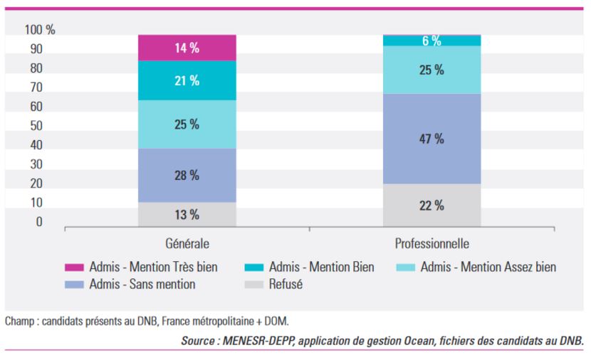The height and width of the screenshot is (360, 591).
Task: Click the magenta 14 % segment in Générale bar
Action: (187, 48)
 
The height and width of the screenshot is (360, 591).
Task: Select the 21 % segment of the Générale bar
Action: (187, 80)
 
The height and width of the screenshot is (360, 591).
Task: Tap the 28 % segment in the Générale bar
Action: (187, 176)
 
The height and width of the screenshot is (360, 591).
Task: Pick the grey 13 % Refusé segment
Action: (187, 215)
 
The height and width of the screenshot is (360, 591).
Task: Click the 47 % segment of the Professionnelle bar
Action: (432, 139)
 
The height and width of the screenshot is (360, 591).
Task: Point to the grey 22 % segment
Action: (432, 205)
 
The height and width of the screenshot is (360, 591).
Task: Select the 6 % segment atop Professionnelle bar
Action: (432, 41)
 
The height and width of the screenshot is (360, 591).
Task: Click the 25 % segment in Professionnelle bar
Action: (432, 70)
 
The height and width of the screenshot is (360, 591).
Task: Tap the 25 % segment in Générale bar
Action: (187, 125)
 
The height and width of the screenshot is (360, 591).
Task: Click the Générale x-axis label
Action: (187, 243)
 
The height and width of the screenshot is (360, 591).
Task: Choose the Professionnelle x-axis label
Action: (432, 243)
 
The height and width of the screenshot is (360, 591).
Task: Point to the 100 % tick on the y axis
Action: (40, 30)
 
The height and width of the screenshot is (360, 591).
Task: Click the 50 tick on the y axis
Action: (36, 126)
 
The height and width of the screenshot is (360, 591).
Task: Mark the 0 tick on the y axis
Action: (39, 222)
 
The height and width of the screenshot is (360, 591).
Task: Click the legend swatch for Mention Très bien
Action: (74, 268)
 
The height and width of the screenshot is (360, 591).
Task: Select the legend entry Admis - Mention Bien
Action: (310, 267)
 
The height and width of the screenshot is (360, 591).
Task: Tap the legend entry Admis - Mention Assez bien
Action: (476, 267)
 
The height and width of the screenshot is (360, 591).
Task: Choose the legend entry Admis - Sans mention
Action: (130, 284)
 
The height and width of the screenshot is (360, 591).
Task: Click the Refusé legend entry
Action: (273, 284)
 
